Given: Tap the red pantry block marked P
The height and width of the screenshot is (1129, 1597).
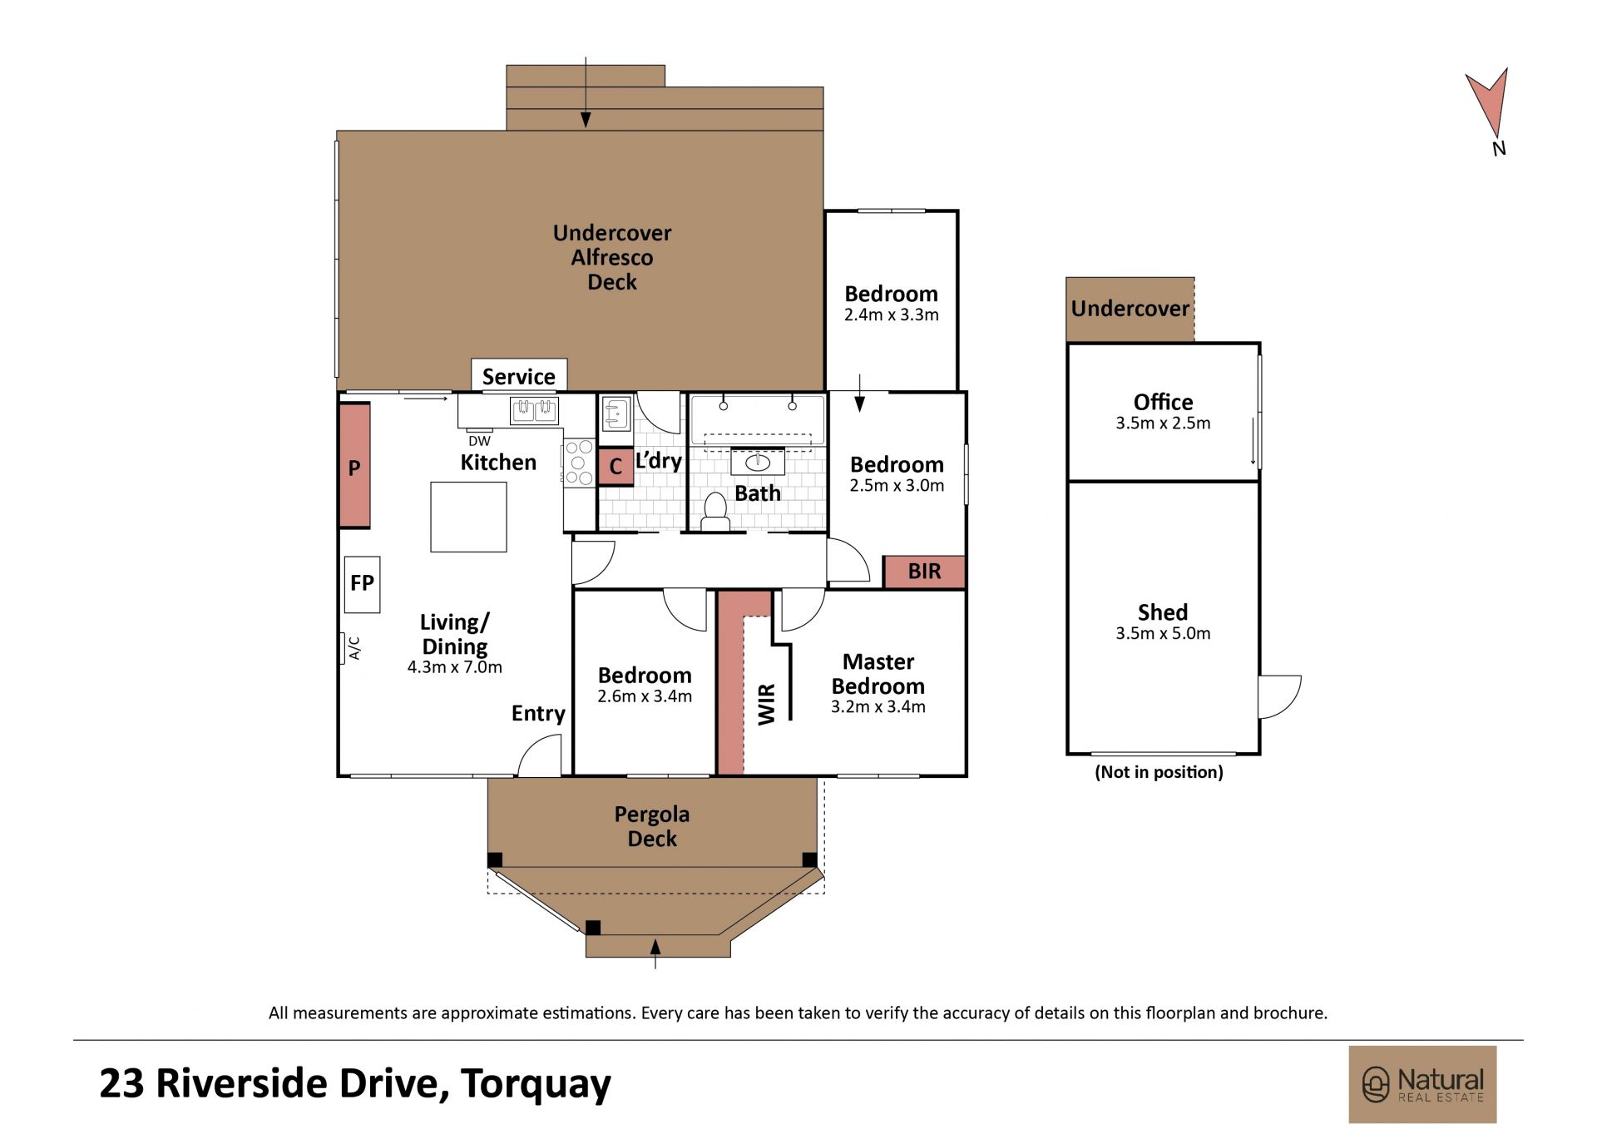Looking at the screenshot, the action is click(354, 466).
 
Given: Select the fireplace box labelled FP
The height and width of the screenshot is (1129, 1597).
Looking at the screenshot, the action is click(362, 584).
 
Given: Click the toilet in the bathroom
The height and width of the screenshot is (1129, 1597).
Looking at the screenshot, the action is click(715, 512).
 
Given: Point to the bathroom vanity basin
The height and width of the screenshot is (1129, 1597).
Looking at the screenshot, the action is click(757, 462).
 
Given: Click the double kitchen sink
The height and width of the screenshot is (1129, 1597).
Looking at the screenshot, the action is click(534, 410).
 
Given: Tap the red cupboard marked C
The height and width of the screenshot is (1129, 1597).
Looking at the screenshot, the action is click(616, 467).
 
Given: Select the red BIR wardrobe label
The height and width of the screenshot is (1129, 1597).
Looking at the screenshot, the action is click(924, 572).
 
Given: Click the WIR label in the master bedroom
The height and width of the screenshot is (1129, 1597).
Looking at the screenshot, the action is click(767, 704).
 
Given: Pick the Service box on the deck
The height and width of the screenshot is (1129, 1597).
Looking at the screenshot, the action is click(519, 376).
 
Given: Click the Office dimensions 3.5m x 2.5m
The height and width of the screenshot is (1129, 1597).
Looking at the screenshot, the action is click(1163, 423).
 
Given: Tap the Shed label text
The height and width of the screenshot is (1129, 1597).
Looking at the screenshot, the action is click(1163, 612).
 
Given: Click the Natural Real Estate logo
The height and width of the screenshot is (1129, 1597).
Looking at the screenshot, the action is click(1422, 1085).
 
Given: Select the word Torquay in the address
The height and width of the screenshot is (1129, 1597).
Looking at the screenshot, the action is click(536, 1084).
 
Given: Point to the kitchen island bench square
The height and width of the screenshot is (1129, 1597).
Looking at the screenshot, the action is click(468, 517).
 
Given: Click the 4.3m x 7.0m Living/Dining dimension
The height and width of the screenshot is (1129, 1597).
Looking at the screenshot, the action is click(455, 667).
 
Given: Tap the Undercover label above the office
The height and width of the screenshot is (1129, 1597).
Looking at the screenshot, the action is click(1130, 309).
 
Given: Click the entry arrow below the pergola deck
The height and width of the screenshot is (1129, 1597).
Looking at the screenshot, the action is click(655, 953).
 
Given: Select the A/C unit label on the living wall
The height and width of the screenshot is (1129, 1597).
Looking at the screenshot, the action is click(354, 648).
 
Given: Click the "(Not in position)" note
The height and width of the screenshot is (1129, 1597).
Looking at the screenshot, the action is click(1159, 772).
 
